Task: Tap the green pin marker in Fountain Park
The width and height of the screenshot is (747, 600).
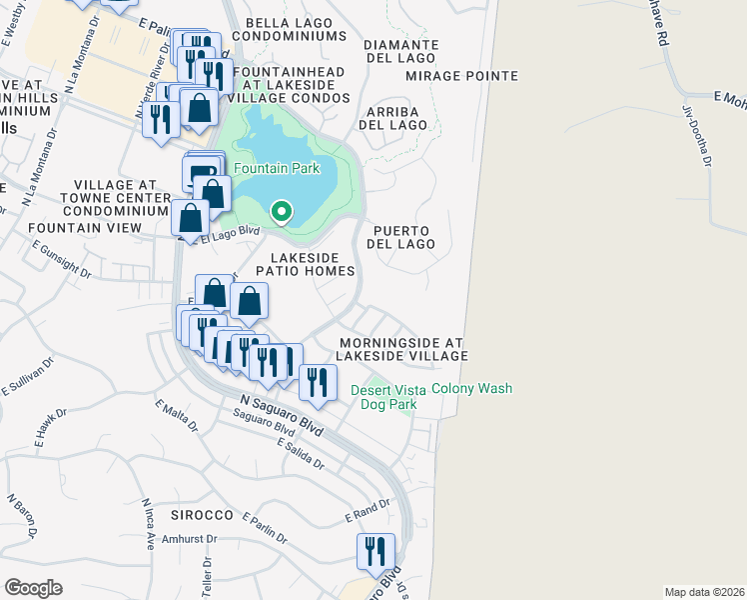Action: coord(283,212)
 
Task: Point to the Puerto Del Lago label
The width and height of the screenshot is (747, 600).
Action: coord(403,237)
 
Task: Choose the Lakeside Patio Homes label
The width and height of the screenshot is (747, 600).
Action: coord(305,264)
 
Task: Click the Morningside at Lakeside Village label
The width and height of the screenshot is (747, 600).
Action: coord(401,349)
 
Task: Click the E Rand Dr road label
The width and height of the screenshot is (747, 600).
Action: coord(367,512)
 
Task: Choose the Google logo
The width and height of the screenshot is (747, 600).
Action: coord(33,588)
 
